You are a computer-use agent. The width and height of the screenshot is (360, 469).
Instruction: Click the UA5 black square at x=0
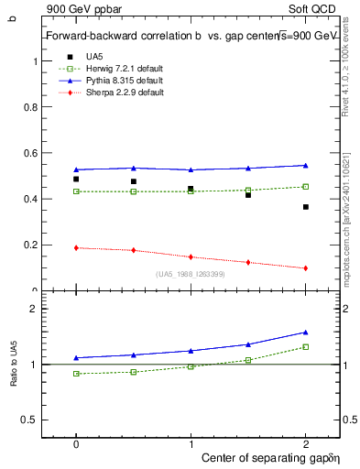pos(76,180)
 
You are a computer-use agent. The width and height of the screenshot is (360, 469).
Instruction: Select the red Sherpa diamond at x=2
pos(306,268)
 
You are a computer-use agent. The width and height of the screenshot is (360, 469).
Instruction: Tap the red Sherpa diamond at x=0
pos(76,248)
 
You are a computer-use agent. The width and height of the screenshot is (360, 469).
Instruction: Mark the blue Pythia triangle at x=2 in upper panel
pos(306,165)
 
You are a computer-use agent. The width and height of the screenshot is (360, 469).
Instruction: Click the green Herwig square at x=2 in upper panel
pos(306,187)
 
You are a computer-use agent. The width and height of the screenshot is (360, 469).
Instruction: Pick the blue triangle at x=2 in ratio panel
pos(306,333)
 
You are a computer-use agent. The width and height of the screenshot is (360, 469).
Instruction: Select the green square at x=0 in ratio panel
pos(76,374)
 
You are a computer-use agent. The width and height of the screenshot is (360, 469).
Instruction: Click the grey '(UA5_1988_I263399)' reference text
pos(191,275)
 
